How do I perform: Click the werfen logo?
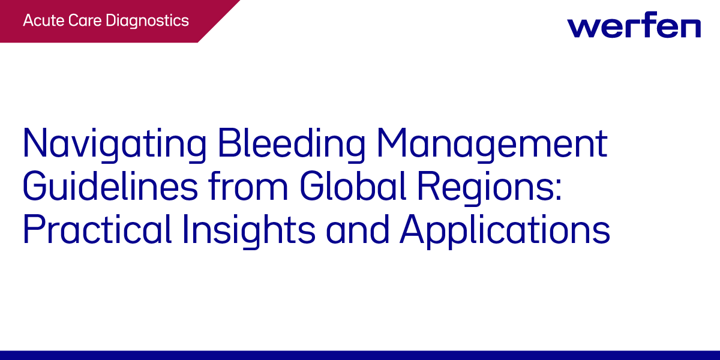click(634, 26)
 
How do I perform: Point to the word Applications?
click(506, 230)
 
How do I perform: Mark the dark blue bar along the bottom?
click(360, 355)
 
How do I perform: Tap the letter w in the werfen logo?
click(581, 28)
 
